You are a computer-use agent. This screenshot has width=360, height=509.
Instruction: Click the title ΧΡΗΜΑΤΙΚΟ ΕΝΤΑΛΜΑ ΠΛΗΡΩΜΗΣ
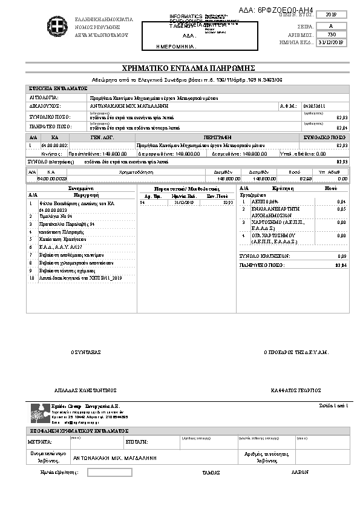(180, 68)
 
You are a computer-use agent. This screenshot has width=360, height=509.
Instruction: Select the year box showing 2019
(330, 15)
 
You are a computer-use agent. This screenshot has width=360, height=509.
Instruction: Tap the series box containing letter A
(330, 26)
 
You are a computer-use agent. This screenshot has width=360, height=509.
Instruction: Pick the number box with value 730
(330, 34)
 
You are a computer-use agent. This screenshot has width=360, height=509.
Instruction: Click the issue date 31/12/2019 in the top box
(330, 42)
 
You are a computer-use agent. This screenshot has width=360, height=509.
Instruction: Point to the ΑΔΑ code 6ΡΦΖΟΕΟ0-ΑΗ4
(285, 5)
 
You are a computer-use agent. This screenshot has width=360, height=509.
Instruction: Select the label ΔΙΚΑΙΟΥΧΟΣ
(45, 106)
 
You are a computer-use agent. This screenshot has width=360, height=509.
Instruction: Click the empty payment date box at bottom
(110, 472)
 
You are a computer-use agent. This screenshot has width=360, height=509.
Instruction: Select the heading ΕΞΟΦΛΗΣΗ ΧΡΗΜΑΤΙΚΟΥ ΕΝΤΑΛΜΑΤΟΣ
(79, 429)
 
